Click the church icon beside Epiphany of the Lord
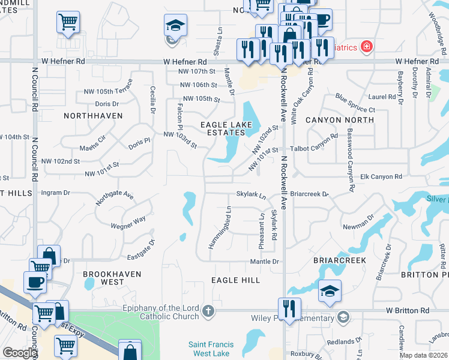tap(208, 310)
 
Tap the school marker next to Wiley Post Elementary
tap(343, 316)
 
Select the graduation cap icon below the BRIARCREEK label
tap(330, 291)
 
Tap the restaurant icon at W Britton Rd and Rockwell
tap(289, 310)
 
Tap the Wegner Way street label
tap(128, 223)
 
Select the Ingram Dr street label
tap(55, 193)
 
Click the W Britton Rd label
tap(408, 310)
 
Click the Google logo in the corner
tap(19, 353)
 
